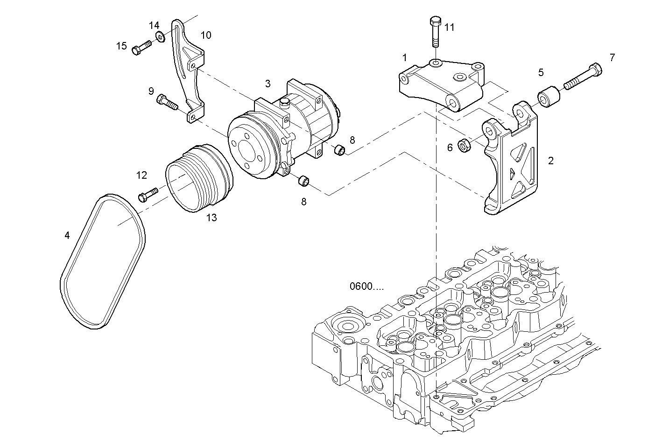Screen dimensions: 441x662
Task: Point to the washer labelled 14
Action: [160, 36]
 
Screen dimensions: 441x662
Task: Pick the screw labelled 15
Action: [141, 48]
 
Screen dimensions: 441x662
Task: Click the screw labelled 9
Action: [168, 102]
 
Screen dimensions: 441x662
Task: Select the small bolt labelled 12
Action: [148, 194]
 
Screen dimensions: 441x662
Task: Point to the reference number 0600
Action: [366, 286]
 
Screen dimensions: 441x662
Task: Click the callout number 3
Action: [268, 84]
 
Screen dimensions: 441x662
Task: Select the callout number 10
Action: [206, 35]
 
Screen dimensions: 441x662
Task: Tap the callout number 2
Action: [551, 161]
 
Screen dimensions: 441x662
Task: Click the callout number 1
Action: [405, 58]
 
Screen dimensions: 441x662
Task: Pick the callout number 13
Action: [211, 217]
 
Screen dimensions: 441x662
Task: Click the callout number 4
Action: [67, 236]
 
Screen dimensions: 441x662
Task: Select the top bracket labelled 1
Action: [444, 84]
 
